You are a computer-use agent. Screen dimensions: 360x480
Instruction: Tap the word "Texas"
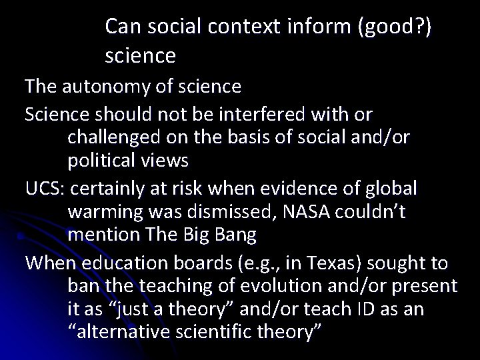coord(285,262)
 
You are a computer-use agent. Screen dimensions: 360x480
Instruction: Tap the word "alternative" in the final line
coord(121,331)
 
